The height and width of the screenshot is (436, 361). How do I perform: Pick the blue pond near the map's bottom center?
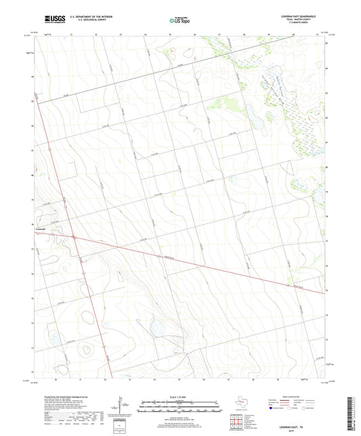[158, 328]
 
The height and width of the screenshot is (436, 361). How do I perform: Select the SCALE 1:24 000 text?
[180, 397]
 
